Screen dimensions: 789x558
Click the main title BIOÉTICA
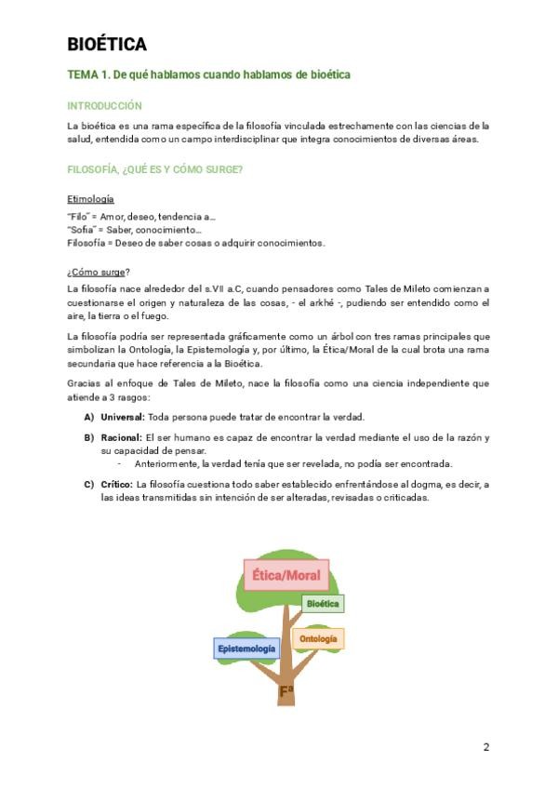pos(107,45)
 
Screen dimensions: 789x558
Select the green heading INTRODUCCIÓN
pos(104,106)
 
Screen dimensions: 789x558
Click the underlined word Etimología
pos(90,199)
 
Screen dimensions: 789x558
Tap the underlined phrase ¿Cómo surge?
pos(98,272)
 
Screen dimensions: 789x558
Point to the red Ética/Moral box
pos(286,575)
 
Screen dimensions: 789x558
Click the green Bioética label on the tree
pos(324,604)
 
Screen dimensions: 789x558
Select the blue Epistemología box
pos(246,648)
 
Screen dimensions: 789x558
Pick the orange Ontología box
pos(318,639)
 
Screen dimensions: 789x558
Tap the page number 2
pos(485,747)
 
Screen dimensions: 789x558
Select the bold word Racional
pos(121,437)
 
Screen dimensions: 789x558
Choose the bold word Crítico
pos(116,484)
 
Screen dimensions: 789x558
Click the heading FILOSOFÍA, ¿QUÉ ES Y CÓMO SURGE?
pos(155,169)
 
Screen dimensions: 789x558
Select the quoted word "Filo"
pos(79,217)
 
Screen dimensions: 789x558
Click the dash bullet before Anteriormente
pos(119,463)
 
